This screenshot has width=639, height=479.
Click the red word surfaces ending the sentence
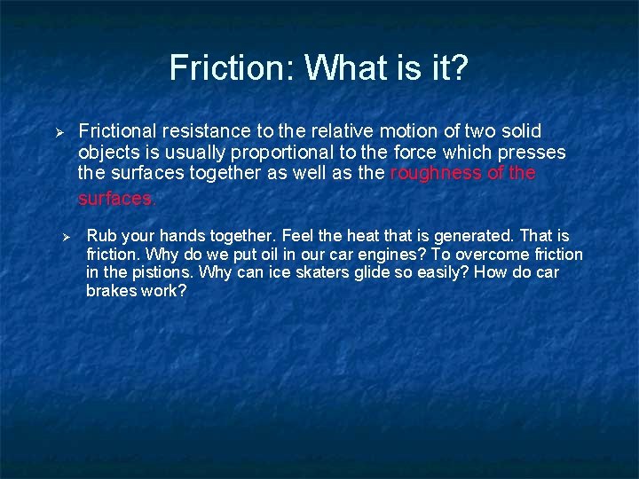click(115, 199)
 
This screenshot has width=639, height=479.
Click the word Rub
click(100, 236)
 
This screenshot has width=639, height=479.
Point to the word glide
click(378, 272)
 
